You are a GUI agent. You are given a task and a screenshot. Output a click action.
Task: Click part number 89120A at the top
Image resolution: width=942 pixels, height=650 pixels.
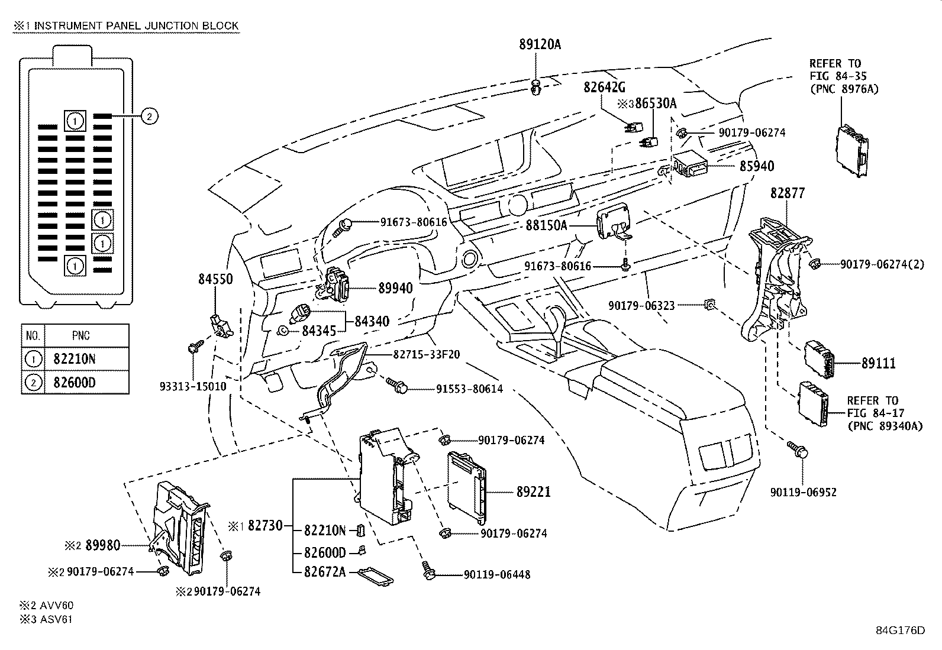coord(540,44)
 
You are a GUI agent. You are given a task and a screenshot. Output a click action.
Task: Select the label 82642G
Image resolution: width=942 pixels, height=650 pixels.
coord(604,87)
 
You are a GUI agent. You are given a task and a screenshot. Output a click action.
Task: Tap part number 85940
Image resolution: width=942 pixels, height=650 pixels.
coord(756,166)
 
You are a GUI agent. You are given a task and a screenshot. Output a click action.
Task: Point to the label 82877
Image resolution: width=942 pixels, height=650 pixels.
coord(788,193)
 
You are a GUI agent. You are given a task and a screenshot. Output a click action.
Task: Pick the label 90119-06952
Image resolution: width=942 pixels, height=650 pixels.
coord(803,492)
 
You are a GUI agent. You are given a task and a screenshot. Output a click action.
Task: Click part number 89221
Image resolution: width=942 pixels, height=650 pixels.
coord(533,491)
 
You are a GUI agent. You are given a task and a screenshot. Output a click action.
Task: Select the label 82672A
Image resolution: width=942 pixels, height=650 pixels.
coord(325,571)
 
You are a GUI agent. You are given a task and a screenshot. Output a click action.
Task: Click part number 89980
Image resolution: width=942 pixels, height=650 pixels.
coord(102,545)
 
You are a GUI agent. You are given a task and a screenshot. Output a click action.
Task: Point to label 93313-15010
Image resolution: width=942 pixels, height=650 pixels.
coord(193,386)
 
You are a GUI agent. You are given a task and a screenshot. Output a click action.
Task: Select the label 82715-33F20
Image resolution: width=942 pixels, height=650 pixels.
coord(427,354)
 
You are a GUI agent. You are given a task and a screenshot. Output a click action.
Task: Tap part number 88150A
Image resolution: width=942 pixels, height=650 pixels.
coord(546,225)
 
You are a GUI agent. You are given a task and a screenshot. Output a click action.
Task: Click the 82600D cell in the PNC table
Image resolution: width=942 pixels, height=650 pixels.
coord(75,382)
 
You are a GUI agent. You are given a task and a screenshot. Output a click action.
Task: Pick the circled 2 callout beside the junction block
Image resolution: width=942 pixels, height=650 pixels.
coord(149,117)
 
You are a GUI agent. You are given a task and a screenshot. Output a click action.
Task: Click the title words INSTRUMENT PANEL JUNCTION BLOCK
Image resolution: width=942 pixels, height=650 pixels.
coord(136,25)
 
